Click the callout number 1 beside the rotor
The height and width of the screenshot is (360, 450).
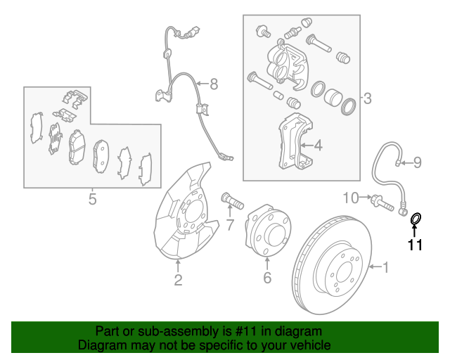385,266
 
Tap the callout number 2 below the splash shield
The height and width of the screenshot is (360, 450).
178,281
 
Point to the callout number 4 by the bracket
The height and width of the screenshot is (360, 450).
318,146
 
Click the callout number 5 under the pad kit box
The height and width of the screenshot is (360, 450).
92,200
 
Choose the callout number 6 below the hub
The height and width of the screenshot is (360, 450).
266,278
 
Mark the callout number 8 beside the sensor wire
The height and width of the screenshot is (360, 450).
214,84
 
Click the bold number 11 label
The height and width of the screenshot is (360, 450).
415,245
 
